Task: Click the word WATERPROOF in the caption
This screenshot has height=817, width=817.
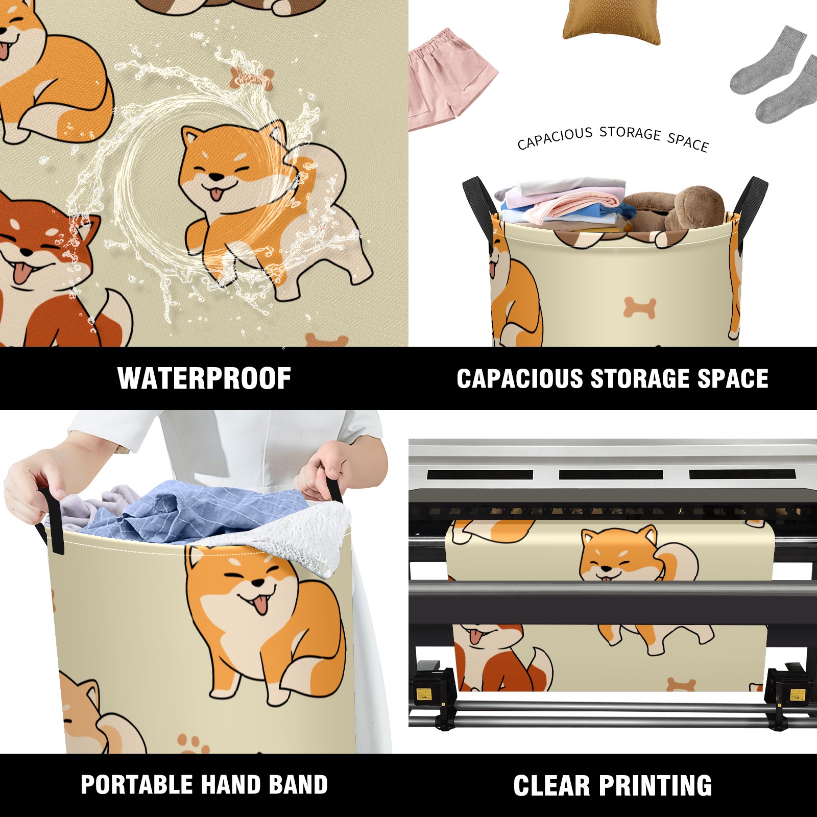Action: tap(204, 378)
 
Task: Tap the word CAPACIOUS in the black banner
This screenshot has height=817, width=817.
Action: tap(520, 378)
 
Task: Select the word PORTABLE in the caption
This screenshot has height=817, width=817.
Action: tap(136, 785)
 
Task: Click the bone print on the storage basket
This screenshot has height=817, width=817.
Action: tap(640, 308)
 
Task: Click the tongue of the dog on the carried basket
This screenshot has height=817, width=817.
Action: tap(261, 606)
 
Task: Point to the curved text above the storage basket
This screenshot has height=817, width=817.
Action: tap(613, 138)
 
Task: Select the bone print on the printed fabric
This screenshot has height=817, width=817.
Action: tap(681, 684)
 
